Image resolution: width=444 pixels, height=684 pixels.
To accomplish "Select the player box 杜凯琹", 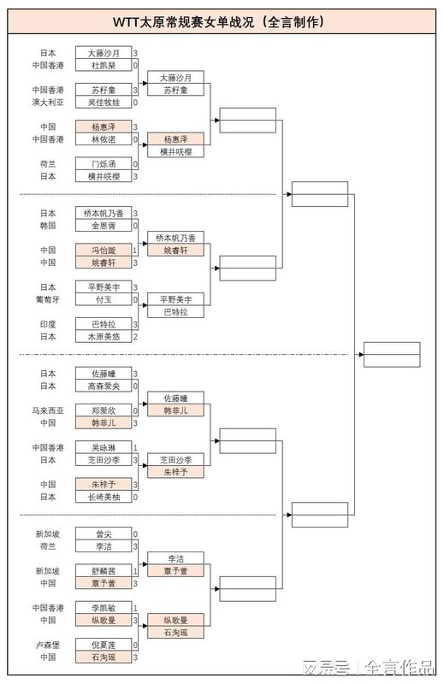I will (x=103, y=65).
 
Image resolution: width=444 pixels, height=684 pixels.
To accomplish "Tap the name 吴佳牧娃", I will (x=103, y=103).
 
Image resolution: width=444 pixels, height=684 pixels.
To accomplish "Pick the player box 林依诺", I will (x=103, y=139).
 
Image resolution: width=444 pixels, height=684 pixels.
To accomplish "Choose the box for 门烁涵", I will (x=103, y=164).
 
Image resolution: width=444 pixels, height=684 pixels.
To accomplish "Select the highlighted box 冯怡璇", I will (x=103, y=251).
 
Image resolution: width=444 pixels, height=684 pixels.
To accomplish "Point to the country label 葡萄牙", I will (x=46, y=300).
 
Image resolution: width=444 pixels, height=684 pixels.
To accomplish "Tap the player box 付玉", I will (x=103, y=300).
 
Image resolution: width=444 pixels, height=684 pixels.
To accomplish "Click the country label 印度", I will (x=48, y=325).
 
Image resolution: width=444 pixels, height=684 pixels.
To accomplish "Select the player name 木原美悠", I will (x=103, y=337).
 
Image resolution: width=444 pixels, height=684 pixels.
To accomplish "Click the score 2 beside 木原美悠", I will (x=135, y=337).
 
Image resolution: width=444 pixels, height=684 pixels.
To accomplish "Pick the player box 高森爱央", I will (x=103, y=386).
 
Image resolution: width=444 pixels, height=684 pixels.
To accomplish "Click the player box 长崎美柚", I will (x=103, y=497).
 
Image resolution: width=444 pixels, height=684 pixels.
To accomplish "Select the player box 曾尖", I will (x=103, y=534).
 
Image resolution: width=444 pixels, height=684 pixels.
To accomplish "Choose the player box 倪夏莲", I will (x=103, y=646).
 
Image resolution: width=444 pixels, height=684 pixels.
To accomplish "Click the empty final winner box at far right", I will (x=391, y=354).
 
